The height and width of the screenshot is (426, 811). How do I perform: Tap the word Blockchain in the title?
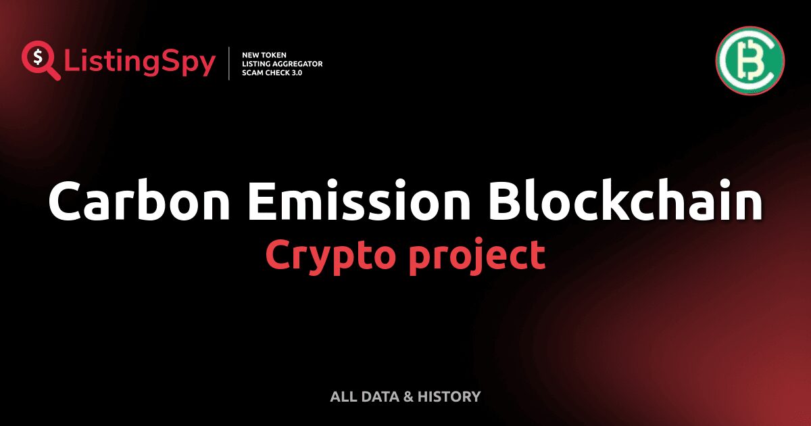[x=625, y=202]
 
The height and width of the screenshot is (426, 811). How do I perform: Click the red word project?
[x=476, y=256]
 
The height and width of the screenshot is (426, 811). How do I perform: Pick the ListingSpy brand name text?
[x=140, y=63]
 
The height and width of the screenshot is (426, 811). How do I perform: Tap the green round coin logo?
[x=749, y=61]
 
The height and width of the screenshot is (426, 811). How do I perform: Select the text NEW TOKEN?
[x=264, y=54]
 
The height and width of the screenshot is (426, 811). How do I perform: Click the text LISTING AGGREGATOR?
[x=282, y=64]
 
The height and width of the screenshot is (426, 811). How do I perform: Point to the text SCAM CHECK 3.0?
[x=272, y=73]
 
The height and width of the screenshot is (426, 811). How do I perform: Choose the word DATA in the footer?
[x=376, y=397]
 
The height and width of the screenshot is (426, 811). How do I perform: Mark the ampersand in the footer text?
[x=408, y=397]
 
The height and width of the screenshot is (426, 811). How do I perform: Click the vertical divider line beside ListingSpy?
[x=230, y=64]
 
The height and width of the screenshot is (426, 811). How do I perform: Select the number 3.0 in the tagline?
[x=295, y=73]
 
